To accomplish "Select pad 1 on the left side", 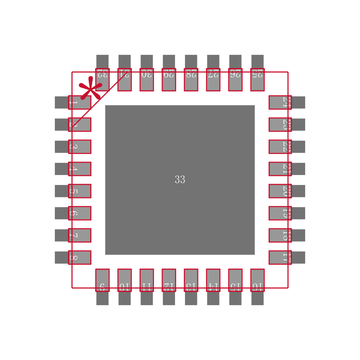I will click(80, 102).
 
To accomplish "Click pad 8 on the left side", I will click(80, 257).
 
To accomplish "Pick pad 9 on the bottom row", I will click(102, 280).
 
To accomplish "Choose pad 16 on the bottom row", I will click(257, 280).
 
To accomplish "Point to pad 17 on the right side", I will click(280, 257).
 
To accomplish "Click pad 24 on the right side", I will click(280, 102).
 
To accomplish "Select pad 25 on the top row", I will click(257, 80).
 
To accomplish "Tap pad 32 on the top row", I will click(102, 80).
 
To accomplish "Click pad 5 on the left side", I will click(80, 191).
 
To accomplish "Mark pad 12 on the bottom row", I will click(169, 280).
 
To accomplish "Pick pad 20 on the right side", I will click(280, 191).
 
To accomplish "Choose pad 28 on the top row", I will click(191, 80).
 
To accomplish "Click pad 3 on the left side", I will click(80, 147).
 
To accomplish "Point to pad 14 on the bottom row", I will click(213, 280).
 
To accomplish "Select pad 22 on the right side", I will click(280, 147).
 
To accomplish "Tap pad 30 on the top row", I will click(147, 80).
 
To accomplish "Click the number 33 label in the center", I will click(180, 180).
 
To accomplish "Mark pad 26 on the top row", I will click(235, 80).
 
